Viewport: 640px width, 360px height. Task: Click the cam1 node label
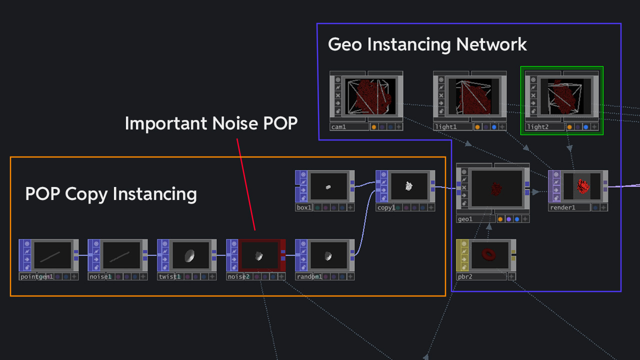[338, 127]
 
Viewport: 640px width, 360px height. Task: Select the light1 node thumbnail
[470, 96]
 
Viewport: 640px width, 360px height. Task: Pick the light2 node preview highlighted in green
[562, 96]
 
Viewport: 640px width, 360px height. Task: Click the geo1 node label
[465, 219]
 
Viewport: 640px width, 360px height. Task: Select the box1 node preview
[328, 187]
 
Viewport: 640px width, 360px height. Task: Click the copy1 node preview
[409, 186]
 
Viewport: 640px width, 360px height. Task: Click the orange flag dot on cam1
[373, 127]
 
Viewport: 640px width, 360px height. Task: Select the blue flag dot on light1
[494, 127]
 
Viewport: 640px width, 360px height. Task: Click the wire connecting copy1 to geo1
[445, 188]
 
